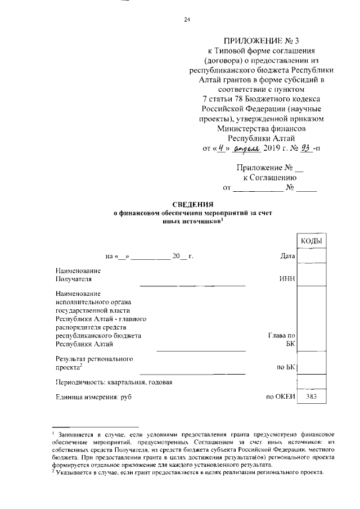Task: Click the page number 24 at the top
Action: pyautogui.click(x=187, y=20)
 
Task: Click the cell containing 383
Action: pyautogui.click(x=311, y=397)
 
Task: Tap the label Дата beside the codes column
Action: pyautogui.click(x=287, y=256)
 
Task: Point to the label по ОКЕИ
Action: pyautogui.click(x=281, y=397)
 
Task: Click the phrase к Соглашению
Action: pyautogui.click(x=266, y=177)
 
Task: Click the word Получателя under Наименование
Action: pyautogui.click(x=73, y=278)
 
